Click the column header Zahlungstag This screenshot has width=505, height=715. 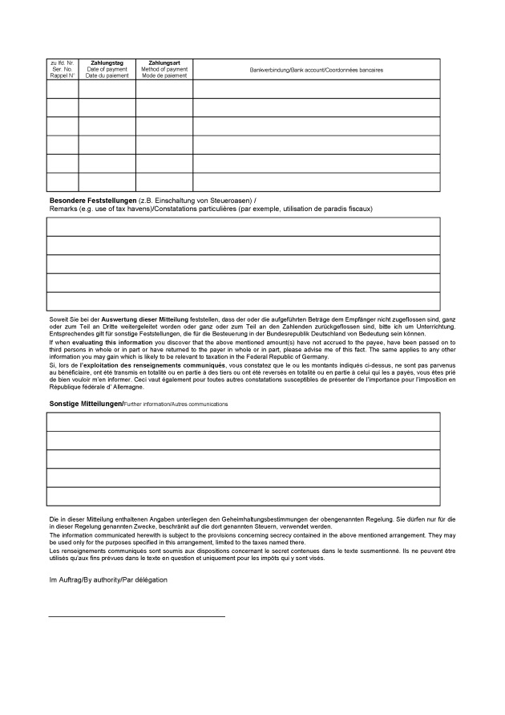[x=107, y=63]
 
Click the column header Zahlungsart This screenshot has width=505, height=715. [x=164, y=63]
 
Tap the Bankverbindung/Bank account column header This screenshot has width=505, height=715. [x=316, y=70]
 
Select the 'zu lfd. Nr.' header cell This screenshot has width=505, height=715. [x=62, y=63]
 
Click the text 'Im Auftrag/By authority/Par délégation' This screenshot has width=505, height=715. [x=108, y=579]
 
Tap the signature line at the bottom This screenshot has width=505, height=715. [x=137, y=616]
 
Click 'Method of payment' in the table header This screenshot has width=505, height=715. [x=164, y=70]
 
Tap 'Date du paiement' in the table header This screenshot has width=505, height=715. [x=107, y=76]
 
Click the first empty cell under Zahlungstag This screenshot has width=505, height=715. [x=107, y=88]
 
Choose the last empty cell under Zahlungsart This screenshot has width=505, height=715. [x=164, y=182]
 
